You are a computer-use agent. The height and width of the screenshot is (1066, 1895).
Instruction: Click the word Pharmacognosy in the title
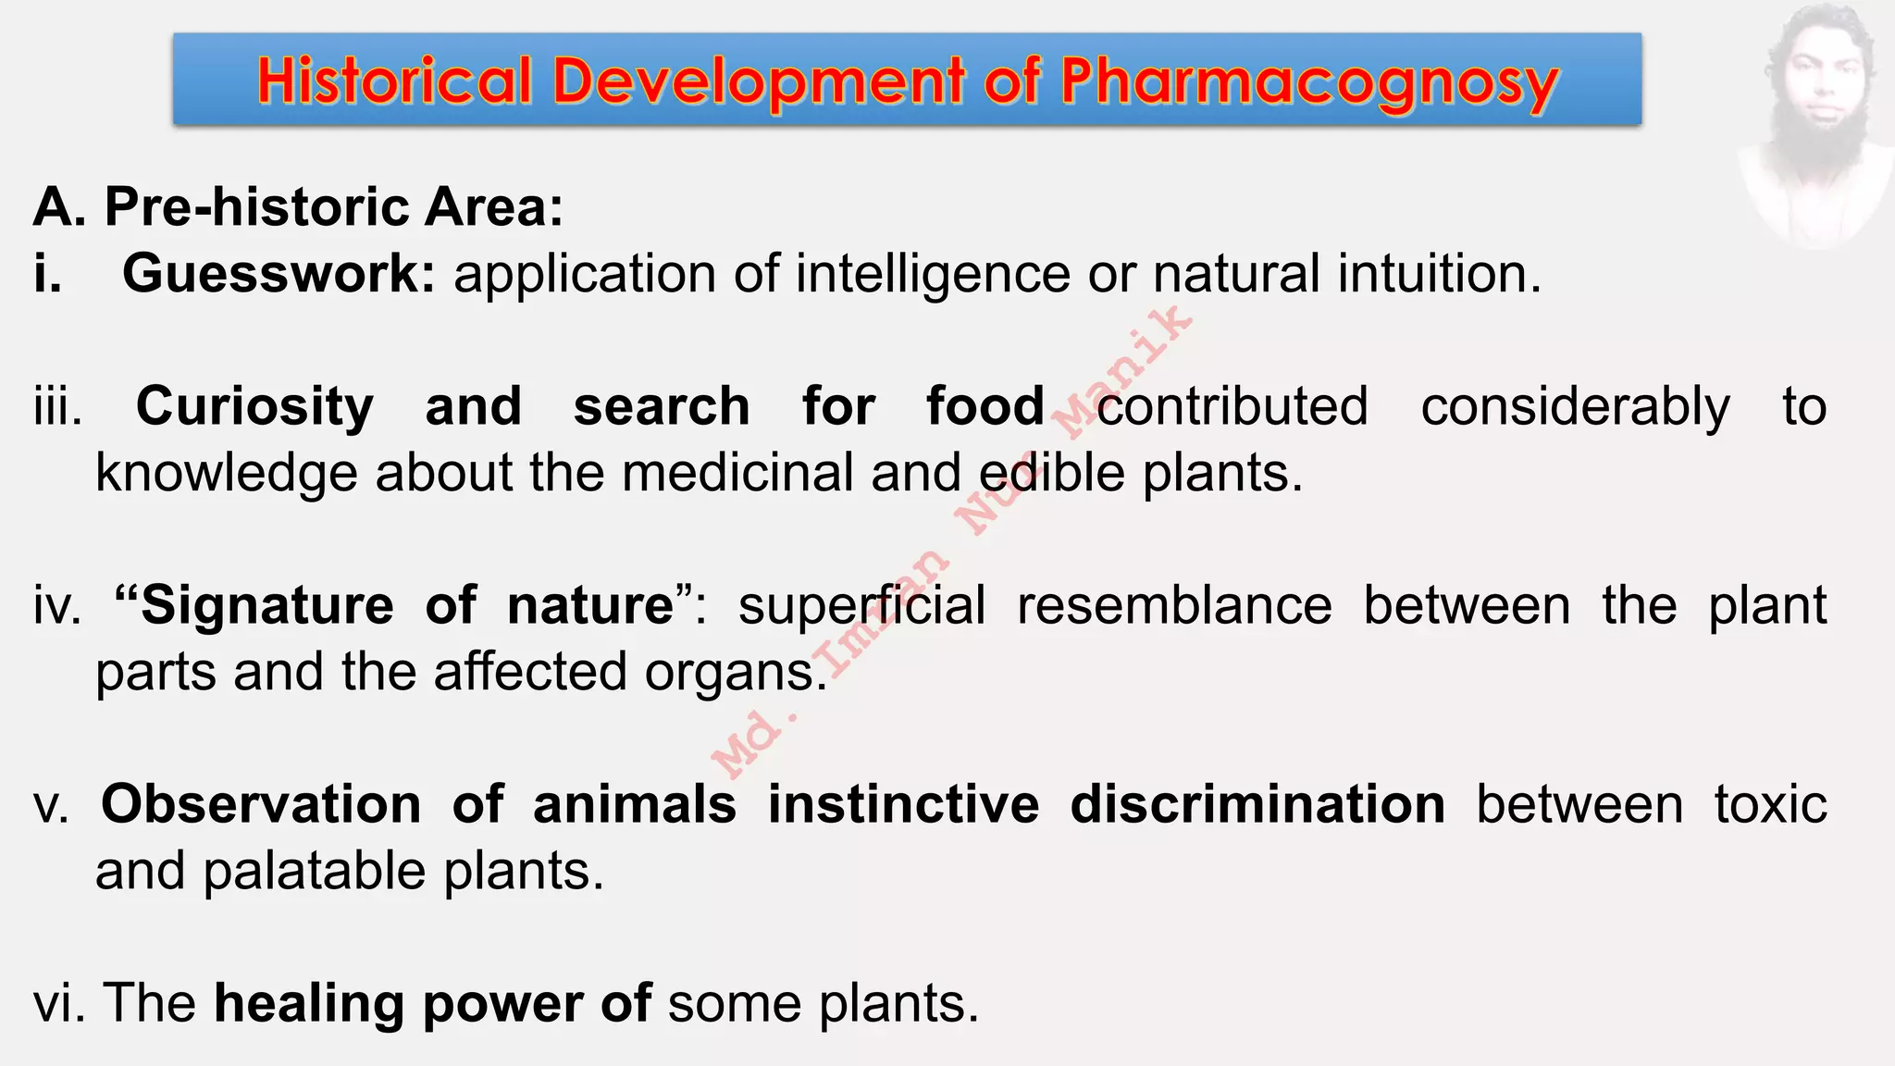coord(1309,81)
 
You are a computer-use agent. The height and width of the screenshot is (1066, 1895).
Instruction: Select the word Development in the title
coord(759,81)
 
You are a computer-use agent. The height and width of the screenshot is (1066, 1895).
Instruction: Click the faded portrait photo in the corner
coord(1815,125)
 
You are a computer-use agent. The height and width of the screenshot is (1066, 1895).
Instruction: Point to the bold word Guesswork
coord(279,274)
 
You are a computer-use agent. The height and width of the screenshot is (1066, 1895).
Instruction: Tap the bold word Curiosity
coord(254,406)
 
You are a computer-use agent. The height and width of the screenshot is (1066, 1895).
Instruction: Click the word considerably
coord(1575,406)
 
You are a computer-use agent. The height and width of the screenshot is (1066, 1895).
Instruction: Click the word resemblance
coord(1174,605)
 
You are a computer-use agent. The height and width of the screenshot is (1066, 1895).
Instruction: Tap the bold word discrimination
coord(1257,804)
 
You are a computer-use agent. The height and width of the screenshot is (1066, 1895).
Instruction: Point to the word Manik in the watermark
coord(1124,371)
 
